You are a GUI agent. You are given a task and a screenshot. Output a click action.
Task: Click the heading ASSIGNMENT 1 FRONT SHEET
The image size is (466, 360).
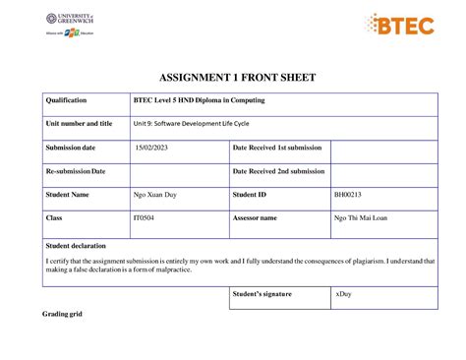click(x=232, y=79)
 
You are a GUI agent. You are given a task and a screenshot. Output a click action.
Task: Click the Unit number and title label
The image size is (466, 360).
click(x=79, y=124)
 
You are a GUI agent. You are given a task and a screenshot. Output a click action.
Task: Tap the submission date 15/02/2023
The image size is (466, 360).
click(x=152, y=148)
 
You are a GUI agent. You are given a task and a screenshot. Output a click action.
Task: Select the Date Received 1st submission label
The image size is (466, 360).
click(x=276, y=148)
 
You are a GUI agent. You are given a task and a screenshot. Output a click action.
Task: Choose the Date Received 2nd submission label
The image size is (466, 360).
click(x=278, y=171)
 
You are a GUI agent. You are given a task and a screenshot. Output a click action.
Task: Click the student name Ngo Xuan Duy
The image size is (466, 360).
click(x=155, y=195)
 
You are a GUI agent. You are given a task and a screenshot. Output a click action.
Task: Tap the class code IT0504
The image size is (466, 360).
click(x=145, y=218)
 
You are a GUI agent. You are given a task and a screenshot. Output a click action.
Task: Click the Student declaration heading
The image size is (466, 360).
click(x=76, y=245)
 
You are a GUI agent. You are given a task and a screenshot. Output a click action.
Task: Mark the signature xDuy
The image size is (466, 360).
click(x=344, y=294)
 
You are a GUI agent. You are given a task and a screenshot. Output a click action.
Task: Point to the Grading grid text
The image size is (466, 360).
click(x=62, y=314)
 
